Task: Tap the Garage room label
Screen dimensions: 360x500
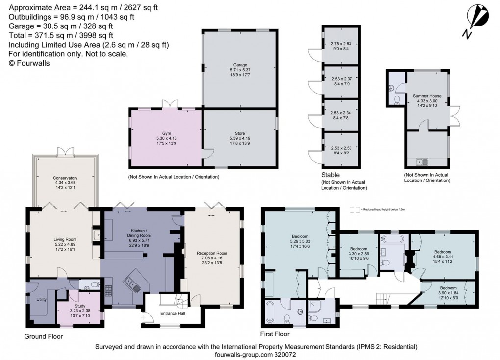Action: (x=240, y=64)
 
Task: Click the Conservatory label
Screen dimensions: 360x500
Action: (x=65, y=178)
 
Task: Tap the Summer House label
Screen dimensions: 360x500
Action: (x=426, y=96)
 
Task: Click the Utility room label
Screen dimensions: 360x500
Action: (x=42, y=299)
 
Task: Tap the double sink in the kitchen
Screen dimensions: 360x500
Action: (x=131, y=282)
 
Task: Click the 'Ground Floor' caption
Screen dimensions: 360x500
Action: (x=44, y=337)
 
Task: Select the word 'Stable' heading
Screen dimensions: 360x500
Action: (x=331, y=174)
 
